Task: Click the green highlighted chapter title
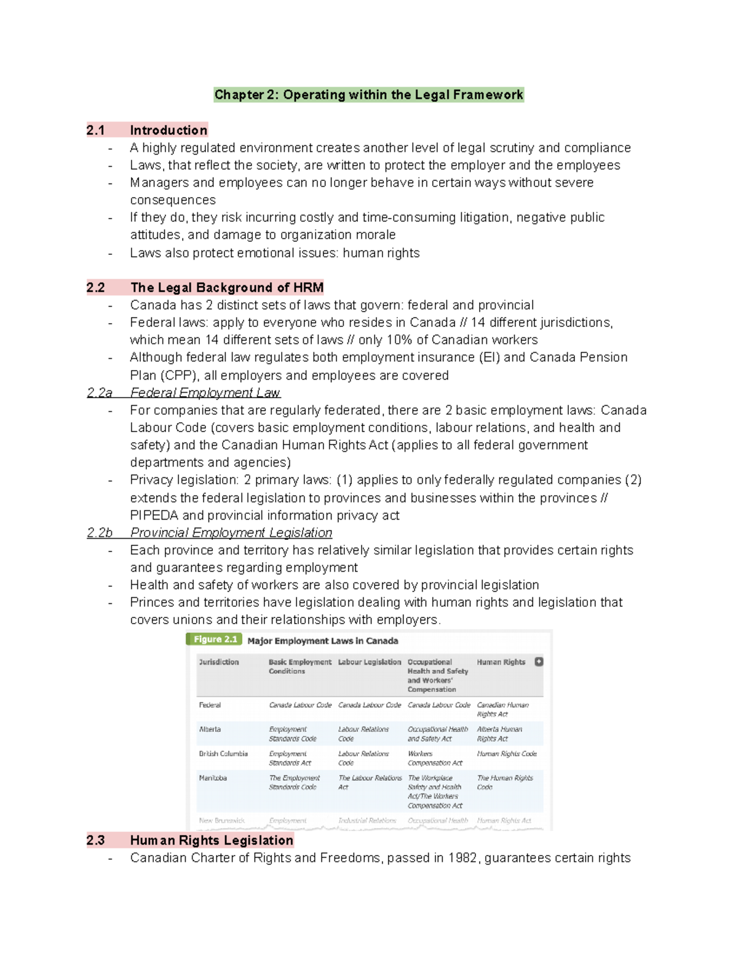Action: pyautogui.click(x=368, y=95)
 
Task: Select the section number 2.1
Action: pyautogui.click(x=95, y=130)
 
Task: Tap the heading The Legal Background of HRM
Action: pyautogui.click(x=226, y=287)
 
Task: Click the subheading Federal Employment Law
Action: pyautogui.click(x=205, y=393)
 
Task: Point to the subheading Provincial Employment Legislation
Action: pyautogui.click(x=231, y=532)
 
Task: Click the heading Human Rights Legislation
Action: pyautogui.click(x=211, y=840)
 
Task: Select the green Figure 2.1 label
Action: pyautogui.click(x=215, y=640)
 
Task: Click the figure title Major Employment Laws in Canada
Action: pyautogui.click(x=322, y=641)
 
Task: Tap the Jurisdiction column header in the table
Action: pyautogui.click(x=218, y=662)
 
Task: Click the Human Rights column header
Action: pyautogui.click(x=501, y=662)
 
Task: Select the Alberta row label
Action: pyautogui.click(x=210, y=729)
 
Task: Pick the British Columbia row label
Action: pyautogui.click(x=223, y=753)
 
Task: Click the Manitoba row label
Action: pyautogui.click(x=213, y=778)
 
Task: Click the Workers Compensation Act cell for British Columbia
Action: pyautogui.click(x=434, y=758)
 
